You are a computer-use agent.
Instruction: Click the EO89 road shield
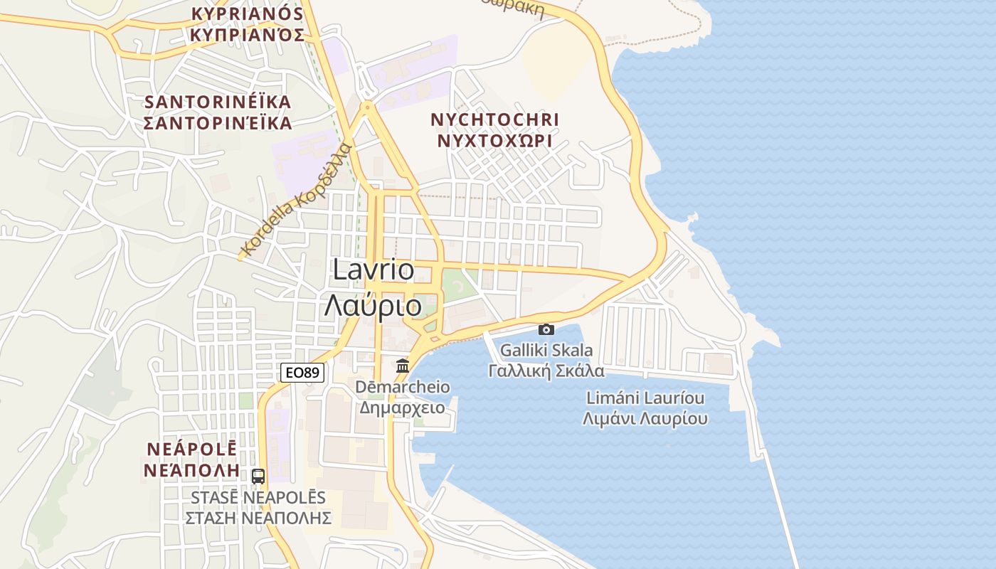[x=302, y=372]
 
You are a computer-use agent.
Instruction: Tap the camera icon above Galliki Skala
[x=546, y=329]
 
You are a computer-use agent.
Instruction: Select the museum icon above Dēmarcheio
[x=403, y=366]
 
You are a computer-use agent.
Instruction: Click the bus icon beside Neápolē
[x=258, y=476]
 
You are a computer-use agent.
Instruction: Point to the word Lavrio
[x=373, y=270]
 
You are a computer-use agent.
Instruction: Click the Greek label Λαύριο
[x=373, y=305]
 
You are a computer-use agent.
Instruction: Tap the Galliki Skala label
[x=546, y=350]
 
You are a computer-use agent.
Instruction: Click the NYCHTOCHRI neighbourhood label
[x=495, y=119]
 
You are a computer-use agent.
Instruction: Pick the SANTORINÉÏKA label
[x=218, y=102]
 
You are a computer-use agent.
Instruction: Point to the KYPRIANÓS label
[x=247, y=14]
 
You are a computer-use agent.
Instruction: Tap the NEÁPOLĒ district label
[x=191, y=450]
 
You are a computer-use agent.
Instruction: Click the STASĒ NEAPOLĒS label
[x=258, y=497]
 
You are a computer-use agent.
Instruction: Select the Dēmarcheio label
[x=403, y=387]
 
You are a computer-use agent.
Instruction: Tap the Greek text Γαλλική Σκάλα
[x=546, y=371]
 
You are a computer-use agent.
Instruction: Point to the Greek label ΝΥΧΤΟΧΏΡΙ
[x=495, y=140]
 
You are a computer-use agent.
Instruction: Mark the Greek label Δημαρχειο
[x=403, y=408]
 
